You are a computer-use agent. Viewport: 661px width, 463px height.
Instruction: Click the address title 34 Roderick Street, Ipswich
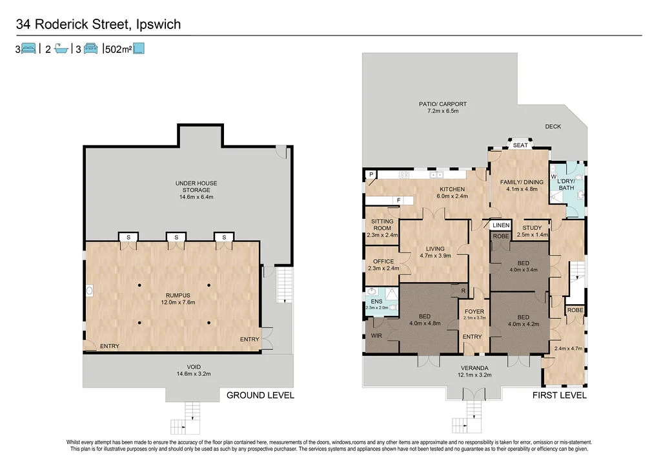[98, 25]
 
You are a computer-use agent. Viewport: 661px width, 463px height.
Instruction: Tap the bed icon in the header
[28, 48]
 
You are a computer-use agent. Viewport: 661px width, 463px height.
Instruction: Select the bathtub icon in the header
[61, 48]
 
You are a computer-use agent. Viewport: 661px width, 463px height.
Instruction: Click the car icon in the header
[90, 48]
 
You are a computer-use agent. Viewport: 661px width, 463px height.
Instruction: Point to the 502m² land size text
[119, 49]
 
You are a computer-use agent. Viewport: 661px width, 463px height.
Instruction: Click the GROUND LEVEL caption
[260, 395]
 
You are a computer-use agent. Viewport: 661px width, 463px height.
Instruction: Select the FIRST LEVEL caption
[560, 395]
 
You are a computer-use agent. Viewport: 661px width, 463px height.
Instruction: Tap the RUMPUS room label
[178, 296]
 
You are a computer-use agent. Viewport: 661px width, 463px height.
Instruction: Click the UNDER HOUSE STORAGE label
[196, 187]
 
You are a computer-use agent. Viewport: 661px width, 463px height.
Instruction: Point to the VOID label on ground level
[194, 367]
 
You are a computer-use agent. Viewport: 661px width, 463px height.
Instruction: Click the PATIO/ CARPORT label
[443, 104]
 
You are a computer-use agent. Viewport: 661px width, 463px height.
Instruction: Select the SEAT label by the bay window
[520, 145]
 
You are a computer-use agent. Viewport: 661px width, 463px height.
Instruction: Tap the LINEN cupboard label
[501, 225]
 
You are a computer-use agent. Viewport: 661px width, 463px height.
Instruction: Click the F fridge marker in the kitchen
[398, 200]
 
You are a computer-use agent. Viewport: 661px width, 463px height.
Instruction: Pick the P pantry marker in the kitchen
[371, 174]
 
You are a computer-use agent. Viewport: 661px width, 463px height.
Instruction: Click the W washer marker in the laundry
[553, 177]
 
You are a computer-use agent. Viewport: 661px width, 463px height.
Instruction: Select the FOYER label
[474, 312]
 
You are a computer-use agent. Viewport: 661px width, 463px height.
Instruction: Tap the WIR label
[376, 336]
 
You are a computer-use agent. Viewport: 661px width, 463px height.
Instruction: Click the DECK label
[553, 127]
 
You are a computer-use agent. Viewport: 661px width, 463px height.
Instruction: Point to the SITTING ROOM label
[382, 224]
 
